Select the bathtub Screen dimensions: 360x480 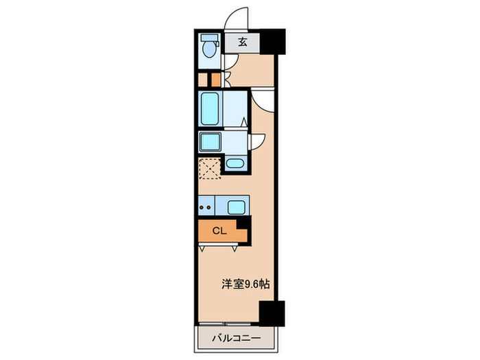[209, 108]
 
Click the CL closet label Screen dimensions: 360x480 [219, 231]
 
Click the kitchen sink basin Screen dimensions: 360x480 [236, 206]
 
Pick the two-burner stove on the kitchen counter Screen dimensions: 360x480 [206, 206]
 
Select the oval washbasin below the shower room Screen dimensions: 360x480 [235, 165]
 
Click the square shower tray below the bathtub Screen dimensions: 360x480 [208, 142]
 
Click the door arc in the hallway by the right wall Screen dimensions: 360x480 [263, 99]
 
